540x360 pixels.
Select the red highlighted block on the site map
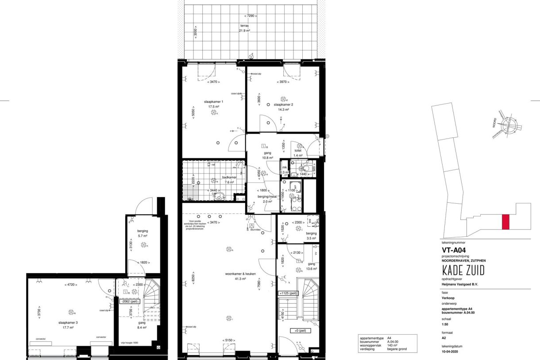click(505, 222)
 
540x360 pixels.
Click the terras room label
click(244, 26)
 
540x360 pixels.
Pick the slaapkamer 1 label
click(213, 102)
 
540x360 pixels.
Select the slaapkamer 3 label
click(68, 323)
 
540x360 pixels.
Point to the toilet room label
click(298, 151)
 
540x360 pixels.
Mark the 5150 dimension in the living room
click(228, 340)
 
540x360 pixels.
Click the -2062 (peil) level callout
click(130, 301)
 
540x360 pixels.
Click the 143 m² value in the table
click(393, 345)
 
